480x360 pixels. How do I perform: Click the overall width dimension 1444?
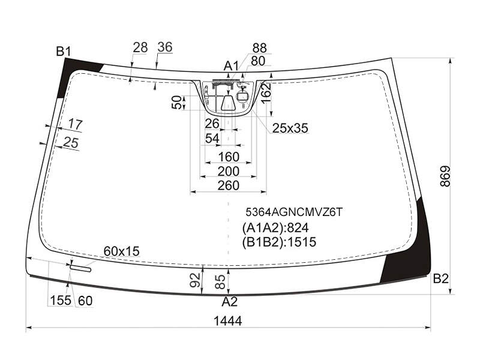228,321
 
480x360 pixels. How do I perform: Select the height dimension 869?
445,176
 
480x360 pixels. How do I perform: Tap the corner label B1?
64,52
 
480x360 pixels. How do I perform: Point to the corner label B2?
441,278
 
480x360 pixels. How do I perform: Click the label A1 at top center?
231,65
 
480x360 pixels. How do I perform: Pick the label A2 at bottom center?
230,302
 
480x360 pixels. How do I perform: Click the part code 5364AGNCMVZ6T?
294,212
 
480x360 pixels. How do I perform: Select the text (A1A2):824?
275,228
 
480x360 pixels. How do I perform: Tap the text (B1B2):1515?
279,242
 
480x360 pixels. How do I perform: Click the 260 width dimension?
229,185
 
